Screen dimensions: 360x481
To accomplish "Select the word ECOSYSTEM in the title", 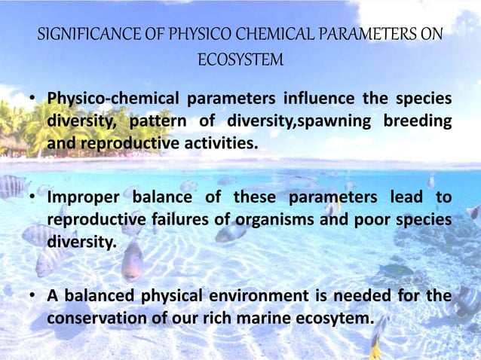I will pyautogui.click(x=240, y=59).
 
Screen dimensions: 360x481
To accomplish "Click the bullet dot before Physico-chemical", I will pyautogui.click(x=34, y=100).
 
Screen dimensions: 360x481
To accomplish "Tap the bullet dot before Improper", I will pyautogui.click(x=34, y=198).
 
